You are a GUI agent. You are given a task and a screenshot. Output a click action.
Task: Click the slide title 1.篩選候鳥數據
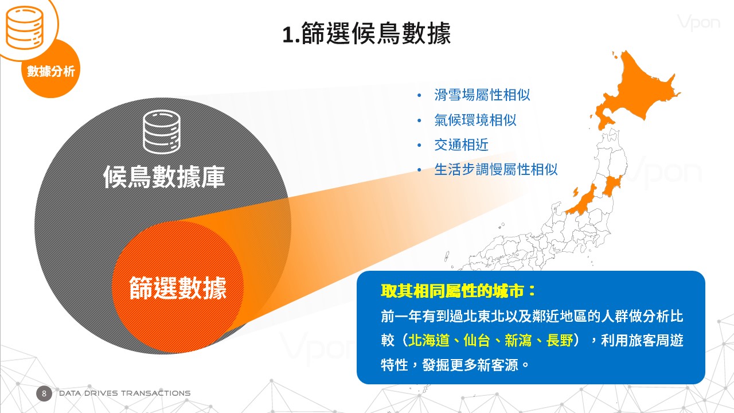click(366, 33)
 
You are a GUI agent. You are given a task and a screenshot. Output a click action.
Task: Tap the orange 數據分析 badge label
click(51, 71)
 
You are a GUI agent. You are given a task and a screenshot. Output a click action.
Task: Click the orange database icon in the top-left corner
click(25, 28)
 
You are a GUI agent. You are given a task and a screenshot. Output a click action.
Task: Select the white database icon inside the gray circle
click(162, 132)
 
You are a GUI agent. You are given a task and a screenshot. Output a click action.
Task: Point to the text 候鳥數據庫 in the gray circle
click(164, 177)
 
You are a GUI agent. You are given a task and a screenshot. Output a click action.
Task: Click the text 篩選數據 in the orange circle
click(178, 288)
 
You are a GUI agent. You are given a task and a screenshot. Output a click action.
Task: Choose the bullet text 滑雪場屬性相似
click(482, 95)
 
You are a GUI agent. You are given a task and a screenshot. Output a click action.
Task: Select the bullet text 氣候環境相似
click(475, 120)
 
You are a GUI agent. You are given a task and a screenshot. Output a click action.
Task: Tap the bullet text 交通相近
click(462, 145)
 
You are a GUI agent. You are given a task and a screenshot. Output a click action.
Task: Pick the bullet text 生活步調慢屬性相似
click(496, 170)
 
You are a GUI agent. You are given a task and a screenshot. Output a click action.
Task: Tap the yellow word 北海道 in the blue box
click(428, 340)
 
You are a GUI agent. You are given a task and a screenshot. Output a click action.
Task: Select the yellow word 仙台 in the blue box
click(477, 340)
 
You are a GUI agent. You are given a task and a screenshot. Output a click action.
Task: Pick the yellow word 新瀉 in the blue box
click(518, 340)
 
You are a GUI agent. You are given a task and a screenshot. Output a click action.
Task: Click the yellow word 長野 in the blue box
click(560, 340)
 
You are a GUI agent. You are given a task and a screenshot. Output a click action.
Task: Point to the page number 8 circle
click(44, 393)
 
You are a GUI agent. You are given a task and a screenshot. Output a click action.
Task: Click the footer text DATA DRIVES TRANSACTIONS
click(124, 393)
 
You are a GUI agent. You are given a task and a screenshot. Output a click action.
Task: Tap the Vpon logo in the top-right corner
click(698, 22)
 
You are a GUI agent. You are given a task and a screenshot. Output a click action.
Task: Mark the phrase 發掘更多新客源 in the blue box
click(470, 365)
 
